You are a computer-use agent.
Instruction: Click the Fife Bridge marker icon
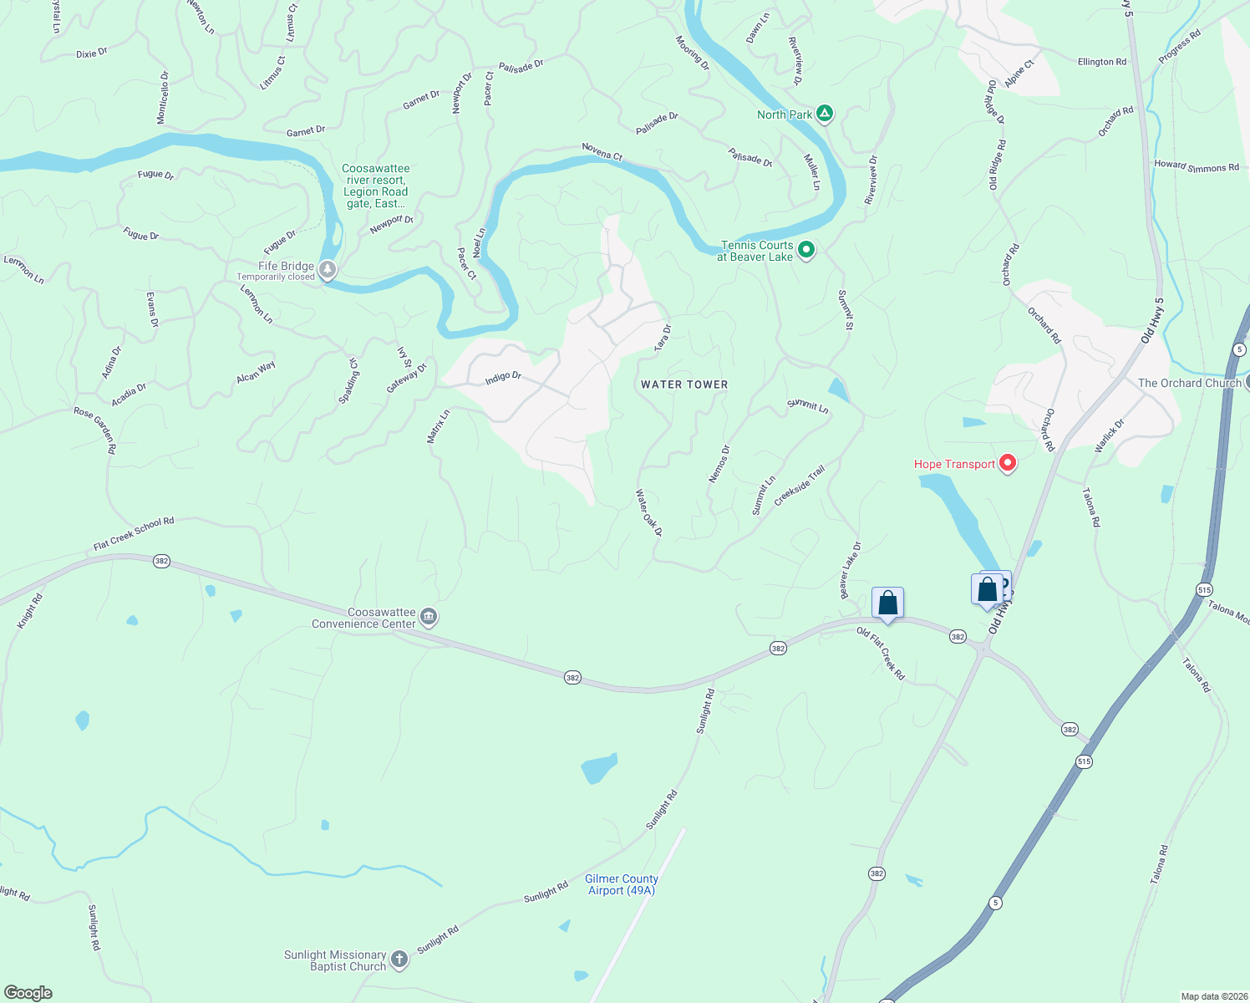(328, 270)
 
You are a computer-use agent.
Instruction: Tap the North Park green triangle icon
(825, 114)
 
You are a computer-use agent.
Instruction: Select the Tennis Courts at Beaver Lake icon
(806, 250)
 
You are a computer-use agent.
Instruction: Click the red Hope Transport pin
(1008, 463)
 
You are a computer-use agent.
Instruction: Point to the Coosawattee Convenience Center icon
(429, 618)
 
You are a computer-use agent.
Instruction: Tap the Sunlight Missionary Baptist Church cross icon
(399, 960)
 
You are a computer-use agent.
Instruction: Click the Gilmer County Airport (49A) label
(621, 884)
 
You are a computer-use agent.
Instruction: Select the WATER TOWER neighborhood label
(684, 384)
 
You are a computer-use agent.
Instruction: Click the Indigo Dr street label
(503, 378)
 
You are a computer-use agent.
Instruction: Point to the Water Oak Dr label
(649, 512)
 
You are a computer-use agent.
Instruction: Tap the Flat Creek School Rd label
(134, 534)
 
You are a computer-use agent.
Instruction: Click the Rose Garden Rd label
(94, 430)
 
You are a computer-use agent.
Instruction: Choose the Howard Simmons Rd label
(1197, 166)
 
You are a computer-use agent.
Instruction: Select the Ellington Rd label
(1101, 62)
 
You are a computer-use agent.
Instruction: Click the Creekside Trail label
(799, 486)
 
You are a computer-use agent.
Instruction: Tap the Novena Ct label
(602, 151)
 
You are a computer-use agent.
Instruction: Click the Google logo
(28, 993)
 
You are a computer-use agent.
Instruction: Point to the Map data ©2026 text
(1213, 996)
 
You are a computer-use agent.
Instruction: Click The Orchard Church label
(1189, 383)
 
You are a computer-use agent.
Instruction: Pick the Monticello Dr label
(163, 97)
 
